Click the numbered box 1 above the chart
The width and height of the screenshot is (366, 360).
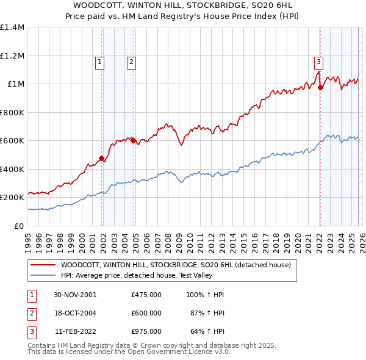pos(99,61)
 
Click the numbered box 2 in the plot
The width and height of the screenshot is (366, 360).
pos(131,61)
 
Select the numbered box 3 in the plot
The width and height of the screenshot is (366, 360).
pos(318,61)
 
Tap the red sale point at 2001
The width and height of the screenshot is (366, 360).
pos(102,159)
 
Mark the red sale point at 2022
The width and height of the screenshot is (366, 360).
pos(320,88)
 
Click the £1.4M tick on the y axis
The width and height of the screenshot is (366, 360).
pos(12,27)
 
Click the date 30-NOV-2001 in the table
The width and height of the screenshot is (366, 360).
pos(76,295)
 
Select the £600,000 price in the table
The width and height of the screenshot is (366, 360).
pos(146,313)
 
